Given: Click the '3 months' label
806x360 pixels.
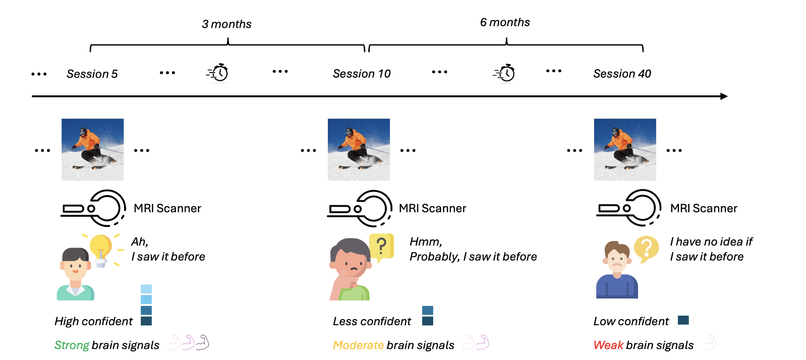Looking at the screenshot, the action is click(226, 24).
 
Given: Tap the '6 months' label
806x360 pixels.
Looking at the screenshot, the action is click(505, 22).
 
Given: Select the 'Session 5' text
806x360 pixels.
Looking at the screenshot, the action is click(92, 74).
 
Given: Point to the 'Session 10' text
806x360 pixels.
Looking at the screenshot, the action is click(362, 74).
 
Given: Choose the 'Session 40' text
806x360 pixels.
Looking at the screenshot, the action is click(622, 74).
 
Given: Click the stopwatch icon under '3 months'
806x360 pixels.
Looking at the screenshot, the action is click(217, 73).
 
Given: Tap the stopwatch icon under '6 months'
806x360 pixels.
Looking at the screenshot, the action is click(504, 73).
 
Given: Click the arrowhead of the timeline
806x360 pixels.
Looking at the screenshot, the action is click(724, 96).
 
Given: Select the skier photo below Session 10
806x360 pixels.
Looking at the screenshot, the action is click(359, 150).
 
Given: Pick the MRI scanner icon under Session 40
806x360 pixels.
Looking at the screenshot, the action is click(628, 208).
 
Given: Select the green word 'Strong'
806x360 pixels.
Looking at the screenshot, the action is click(72, 345).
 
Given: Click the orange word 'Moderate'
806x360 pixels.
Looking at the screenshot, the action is click(359, 345).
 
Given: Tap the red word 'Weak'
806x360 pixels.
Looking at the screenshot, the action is click(608, 345).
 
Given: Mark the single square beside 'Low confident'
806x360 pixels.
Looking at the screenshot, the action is click(683, 320).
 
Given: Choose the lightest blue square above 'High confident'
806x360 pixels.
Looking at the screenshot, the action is click(146, 289).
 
